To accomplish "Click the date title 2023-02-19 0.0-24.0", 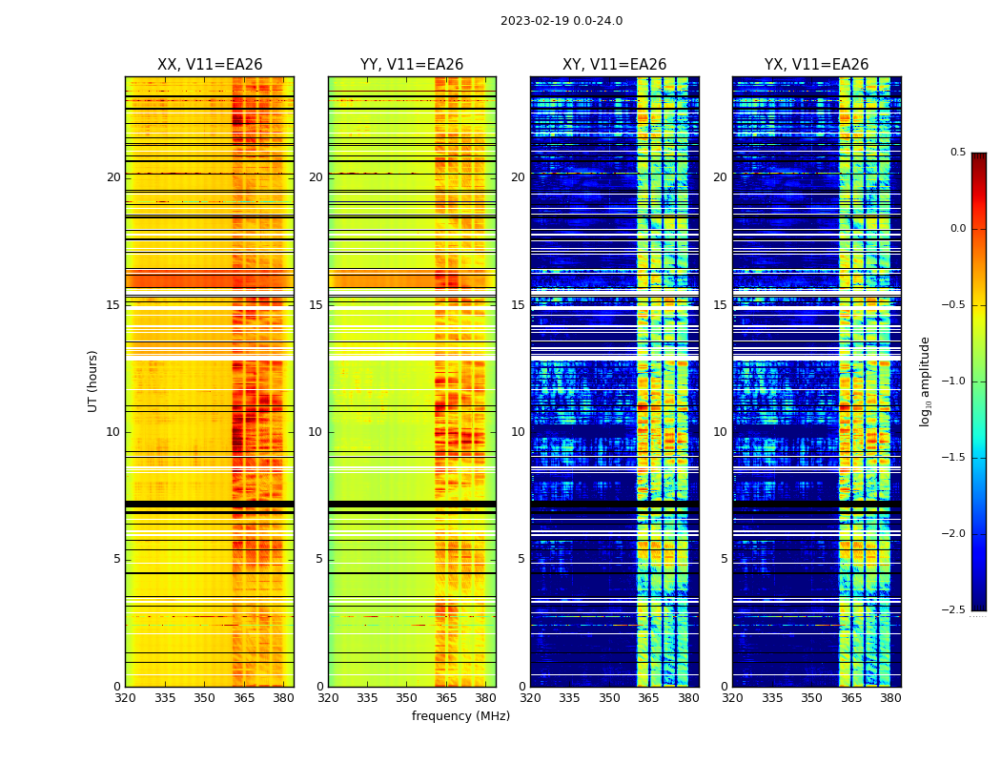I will [562, 21].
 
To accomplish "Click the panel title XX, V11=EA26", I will [210, 65].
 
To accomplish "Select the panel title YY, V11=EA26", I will [412, 65].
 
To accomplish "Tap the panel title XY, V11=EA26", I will [614, 65].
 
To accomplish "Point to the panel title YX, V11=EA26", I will [816, 65].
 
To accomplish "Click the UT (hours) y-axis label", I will [93, 381].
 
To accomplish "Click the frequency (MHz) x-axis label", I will [460, 716].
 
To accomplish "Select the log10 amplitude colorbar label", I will [925, 381].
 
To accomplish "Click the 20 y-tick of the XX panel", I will [113, 177].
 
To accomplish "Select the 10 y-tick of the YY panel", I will [316, 432].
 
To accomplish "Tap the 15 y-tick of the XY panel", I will [518, 305].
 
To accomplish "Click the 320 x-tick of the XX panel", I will [125, 698].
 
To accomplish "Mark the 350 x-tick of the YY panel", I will [407, 698].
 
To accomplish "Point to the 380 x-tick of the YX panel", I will [890, 698].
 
